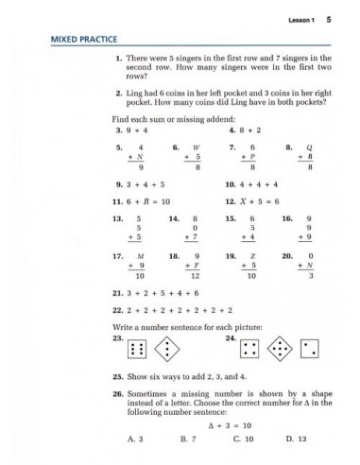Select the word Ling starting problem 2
click(x=133, y=95)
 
